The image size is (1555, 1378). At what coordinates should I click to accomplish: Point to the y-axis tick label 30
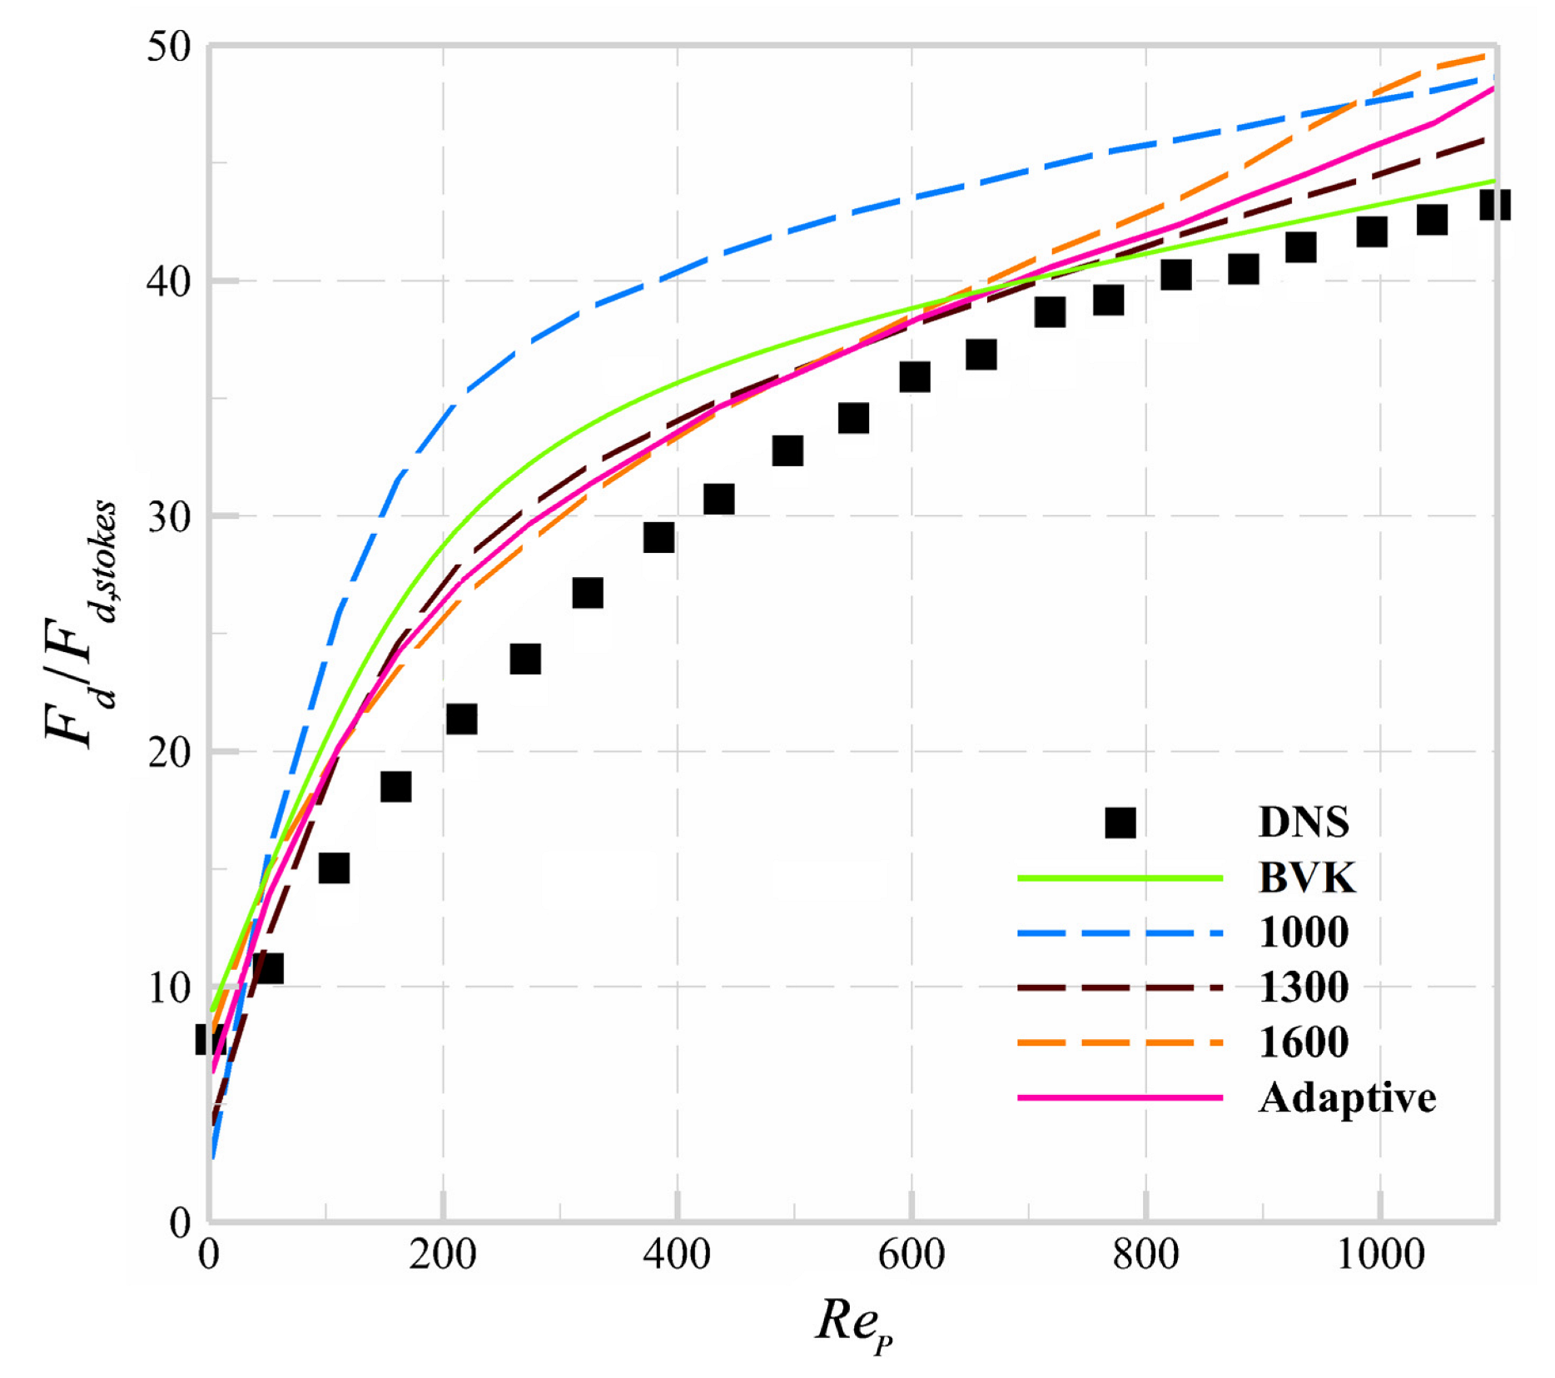[x=169, y=517]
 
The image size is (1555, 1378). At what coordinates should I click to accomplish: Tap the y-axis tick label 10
[x=169, y=988]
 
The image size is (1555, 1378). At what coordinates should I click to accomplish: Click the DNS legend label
[x=1304, y=823]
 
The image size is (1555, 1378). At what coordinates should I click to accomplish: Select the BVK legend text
[x=1307, y=878]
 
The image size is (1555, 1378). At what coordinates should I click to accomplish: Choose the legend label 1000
[x=1304, y=933]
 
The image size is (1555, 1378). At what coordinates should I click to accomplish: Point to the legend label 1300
[x=1304, y=987]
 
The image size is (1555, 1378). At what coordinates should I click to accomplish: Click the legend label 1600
[x=1304, y=1042]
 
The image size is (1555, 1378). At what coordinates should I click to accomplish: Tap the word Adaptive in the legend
[x=1347, y=1098]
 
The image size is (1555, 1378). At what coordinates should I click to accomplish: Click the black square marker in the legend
[x=1120, y=823]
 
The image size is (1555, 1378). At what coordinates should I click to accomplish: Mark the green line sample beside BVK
[x=1120, y=878]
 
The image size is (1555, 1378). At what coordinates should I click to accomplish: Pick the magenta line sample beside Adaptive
[x=1120, y=1098]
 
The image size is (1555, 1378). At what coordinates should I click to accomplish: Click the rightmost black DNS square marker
[x=1495, y=204]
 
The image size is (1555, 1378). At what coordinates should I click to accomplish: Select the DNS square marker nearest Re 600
[x=915, y=377]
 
